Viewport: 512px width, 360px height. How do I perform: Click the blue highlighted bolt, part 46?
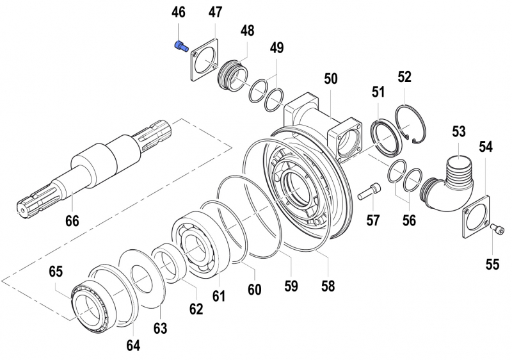coord(180,45)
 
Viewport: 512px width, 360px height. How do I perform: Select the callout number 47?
coord(215,12)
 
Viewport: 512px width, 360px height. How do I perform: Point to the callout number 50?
coord(330,79)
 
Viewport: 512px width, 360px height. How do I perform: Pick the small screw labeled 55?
coord(497,229)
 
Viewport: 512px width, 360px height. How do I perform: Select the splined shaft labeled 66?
coord(96,167)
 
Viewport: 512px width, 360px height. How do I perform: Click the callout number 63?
coord(160,329)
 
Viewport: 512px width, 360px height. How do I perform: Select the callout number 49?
coord(276,49)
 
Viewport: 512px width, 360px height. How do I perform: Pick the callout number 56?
coord(408,220)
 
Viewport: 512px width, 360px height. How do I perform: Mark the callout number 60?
coord(254,290)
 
